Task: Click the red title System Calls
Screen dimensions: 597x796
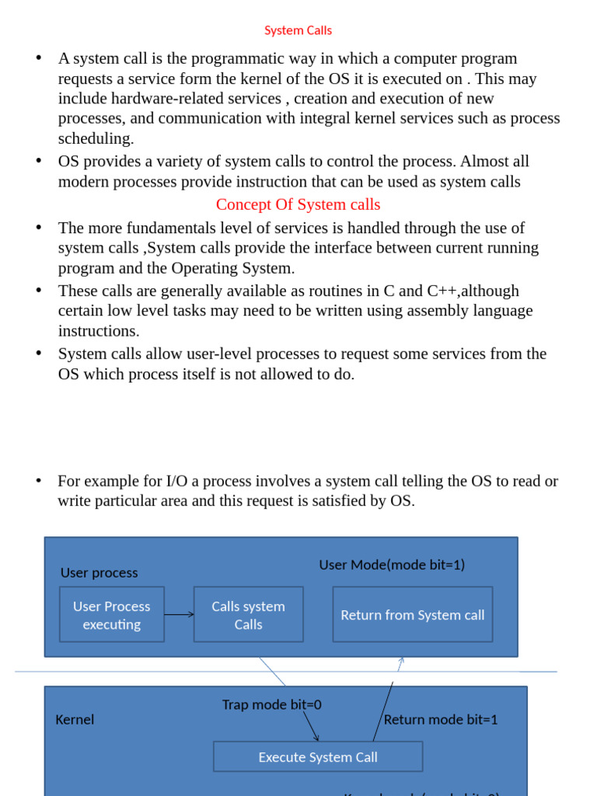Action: click(298, 30)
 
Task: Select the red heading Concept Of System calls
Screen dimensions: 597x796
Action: click(298, 204)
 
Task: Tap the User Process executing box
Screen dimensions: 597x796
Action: click(112, 615)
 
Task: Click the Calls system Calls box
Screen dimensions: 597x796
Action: click(249, 615)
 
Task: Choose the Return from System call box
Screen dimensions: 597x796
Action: click(413, 615)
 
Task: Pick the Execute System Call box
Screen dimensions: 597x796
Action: click(318, 756)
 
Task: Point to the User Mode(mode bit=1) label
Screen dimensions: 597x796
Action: click(392, 565)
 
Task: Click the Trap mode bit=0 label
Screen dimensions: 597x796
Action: click(271, 704)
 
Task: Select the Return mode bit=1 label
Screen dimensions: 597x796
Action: click(441, 720)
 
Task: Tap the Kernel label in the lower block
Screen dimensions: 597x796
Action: click(75, 720)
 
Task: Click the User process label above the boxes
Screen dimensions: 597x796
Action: click(99, 573)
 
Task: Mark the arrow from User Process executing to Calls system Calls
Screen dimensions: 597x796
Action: click(180, 615)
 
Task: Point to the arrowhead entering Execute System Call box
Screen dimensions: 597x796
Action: click(316, 738)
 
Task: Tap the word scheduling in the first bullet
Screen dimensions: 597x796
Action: click(96, 138)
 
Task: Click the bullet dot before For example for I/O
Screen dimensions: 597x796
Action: click(38, 481)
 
